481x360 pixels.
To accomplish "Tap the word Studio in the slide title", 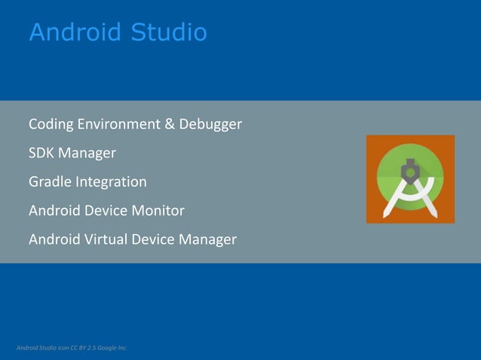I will click(168, 32).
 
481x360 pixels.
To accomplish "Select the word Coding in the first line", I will click(51, 124).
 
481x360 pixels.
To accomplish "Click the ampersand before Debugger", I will click(170, 124).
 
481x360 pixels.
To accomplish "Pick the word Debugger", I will click(210, 124).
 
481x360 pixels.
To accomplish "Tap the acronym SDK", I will click(41, 153).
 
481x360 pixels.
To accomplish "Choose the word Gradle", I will click(50, 182).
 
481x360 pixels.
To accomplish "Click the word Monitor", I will click(158, 211).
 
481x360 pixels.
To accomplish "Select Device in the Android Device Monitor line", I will click(106, 211).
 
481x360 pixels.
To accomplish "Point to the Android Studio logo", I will click(410, 178).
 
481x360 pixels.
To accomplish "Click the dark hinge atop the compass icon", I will click(410, 170).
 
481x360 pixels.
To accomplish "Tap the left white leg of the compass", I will click(395, 199).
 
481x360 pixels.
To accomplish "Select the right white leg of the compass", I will click(426, 199).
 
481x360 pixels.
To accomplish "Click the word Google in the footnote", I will click(109, 347).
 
